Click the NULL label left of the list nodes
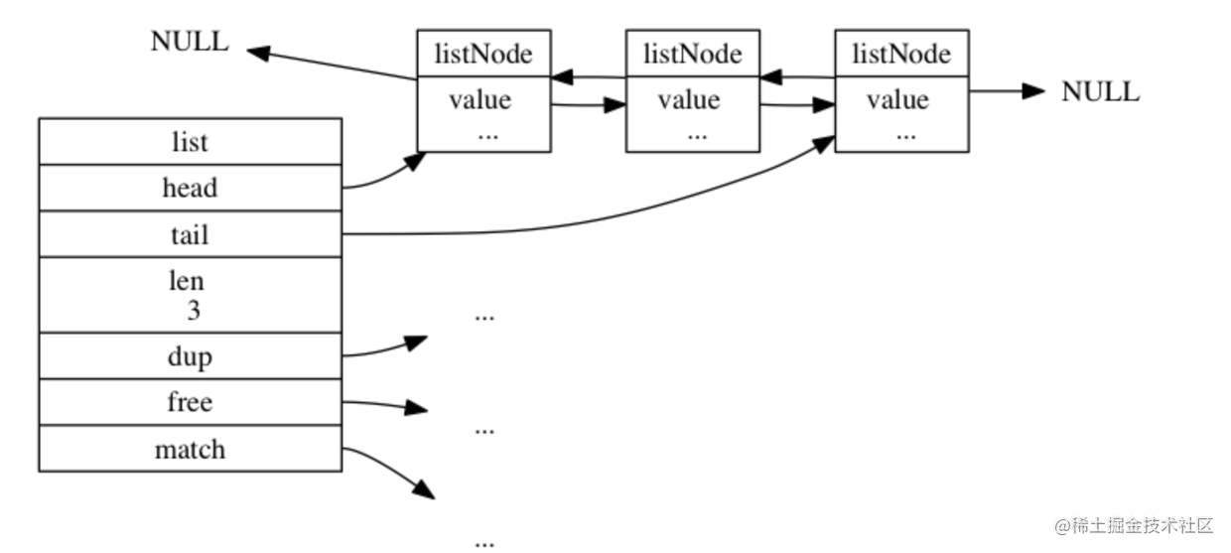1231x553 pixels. click(x=190, y=42)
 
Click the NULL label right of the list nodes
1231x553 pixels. click(x=1100, y=91)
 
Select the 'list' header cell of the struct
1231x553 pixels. click(x=191, y=142)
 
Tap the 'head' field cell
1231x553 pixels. click(x=191, y=188)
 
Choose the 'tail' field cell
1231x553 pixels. click(x=191, y=234)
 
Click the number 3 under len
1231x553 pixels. click(x=194, y=311)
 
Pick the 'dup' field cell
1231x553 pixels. click(x=191, y=356)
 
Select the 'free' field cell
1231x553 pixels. click(x=191, y=402)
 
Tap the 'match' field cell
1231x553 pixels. click(x=191, y=449)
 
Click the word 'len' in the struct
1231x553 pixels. click(x=187, y=281)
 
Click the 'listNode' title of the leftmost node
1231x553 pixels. click(x=483, y=54)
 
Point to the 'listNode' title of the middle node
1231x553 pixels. click(x=693, y=54)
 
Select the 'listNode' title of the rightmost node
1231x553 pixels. click(x=901, y=54)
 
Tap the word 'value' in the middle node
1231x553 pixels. click(x=689, y=100)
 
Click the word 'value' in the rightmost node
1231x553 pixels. click(x=898, y=100)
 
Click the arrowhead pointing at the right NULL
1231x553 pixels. click(x=1033, y=91)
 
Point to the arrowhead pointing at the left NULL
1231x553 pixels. click(x=258, y=53)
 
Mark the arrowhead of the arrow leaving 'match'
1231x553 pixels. click(x=424, y=489)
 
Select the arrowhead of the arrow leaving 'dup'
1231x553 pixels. click(x=416, y=343)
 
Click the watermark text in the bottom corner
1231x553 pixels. click(x=1133, y=526)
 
